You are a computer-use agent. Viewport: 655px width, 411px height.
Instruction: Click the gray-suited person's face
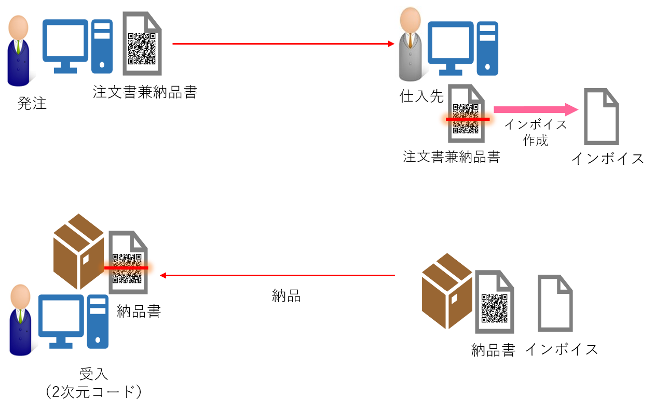(x=411, y=20)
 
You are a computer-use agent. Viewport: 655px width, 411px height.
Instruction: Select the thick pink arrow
(x=529, y=109)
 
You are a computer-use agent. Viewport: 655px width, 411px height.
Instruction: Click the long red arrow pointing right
(x=280, y=44)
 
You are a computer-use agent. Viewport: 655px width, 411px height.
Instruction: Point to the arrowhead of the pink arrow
(x=572, y=109)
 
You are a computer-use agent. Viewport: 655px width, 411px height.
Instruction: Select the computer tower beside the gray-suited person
(x=487, y=48)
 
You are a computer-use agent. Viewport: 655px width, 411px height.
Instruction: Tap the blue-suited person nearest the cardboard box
(x=20, y=320)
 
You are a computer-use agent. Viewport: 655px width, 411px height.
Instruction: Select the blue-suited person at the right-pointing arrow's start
(x=18, y=51)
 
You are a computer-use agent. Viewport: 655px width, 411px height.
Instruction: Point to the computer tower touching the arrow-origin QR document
(x=102, y=46)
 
